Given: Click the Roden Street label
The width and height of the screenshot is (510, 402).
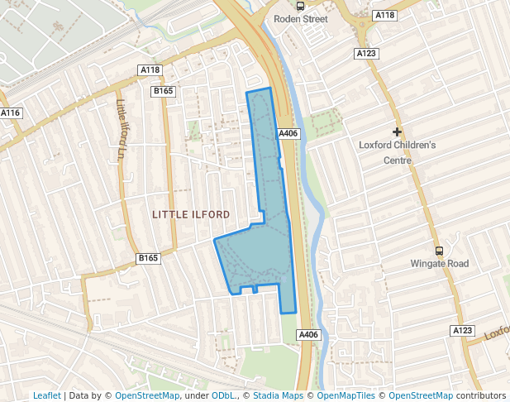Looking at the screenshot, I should click(301, 19).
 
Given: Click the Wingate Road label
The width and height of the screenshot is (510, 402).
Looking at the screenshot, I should click(440, 264).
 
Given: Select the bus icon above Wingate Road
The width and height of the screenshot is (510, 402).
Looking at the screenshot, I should click(439, 251).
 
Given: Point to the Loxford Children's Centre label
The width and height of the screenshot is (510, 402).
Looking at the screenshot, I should click(397, 152).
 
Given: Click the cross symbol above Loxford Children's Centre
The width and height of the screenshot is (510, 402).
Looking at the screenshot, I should click(397, 132).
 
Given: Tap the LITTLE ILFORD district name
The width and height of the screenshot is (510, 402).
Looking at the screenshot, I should click(191, 214).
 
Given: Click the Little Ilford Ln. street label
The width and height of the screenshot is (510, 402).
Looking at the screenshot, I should click(121, 129).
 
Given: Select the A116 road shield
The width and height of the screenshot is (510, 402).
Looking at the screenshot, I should click(10, 112).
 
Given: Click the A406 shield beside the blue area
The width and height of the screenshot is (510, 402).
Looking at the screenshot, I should click(288, 133).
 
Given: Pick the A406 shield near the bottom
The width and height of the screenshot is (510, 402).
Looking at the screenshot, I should click(307, 334).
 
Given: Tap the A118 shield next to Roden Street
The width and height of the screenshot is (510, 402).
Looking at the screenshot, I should click(384, 15).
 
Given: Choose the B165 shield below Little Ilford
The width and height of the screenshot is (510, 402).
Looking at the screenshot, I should click(148, 258).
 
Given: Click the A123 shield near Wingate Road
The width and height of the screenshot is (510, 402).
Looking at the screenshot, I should click(462, 330).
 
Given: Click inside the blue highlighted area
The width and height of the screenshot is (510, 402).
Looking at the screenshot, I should click(265, 248).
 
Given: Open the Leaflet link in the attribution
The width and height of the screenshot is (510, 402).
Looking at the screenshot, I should click(46, 396).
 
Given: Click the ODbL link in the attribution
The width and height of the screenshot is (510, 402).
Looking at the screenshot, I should click(222, 396).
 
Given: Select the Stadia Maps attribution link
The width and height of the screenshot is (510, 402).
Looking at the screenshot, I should click(277, 396).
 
